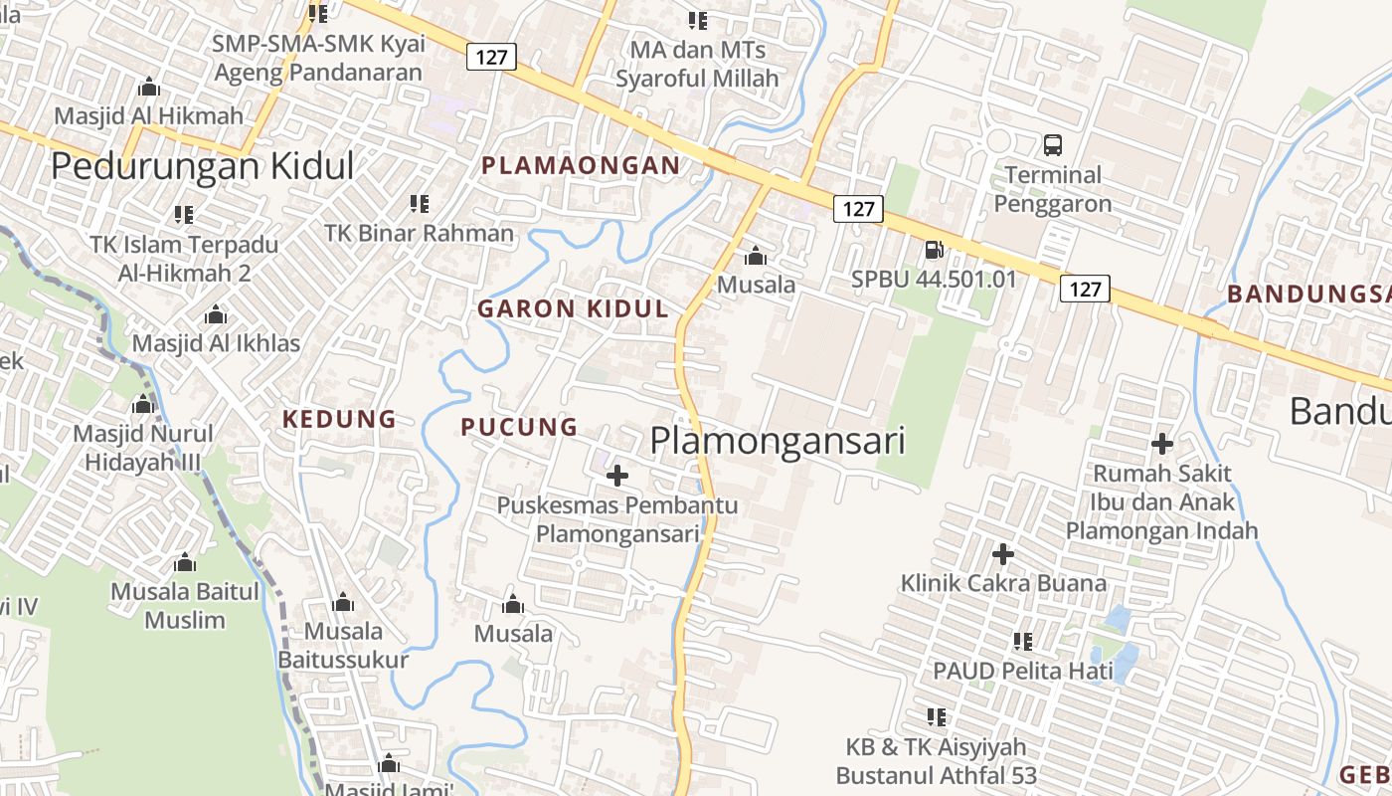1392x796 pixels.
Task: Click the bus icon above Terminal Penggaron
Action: (1053, 145)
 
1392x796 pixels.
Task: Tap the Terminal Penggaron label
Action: (1053, 189)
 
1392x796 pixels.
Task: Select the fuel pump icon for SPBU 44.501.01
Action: (935, 250)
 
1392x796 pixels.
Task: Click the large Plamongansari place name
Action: (778, 441)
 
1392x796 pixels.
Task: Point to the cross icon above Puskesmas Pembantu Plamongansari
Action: (617, 476)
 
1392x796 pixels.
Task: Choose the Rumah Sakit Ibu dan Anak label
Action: (1162, 501)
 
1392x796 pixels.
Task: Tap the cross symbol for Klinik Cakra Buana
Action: (1003, 554)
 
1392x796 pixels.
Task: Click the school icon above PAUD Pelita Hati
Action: (1023, 642)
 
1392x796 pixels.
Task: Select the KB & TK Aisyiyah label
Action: (936, 760)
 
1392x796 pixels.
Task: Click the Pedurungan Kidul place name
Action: (202, 165)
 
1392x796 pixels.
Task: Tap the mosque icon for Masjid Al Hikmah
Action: (149, 87)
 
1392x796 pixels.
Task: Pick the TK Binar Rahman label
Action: (419, 233)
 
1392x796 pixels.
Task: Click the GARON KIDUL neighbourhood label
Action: (573, 308)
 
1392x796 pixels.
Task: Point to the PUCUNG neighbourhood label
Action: (519, 427)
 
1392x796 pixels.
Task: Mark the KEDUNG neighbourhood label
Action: (339, 419)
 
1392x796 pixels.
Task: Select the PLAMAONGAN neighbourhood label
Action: (581, 166)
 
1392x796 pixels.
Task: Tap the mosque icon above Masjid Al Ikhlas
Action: (216, 315)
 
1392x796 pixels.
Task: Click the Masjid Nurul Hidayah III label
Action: (142, 448)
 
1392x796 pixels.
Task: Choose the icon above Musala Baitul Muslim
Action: (184, 563)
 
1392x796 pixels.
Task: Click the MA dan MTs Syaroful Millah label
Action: (697, 63)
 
